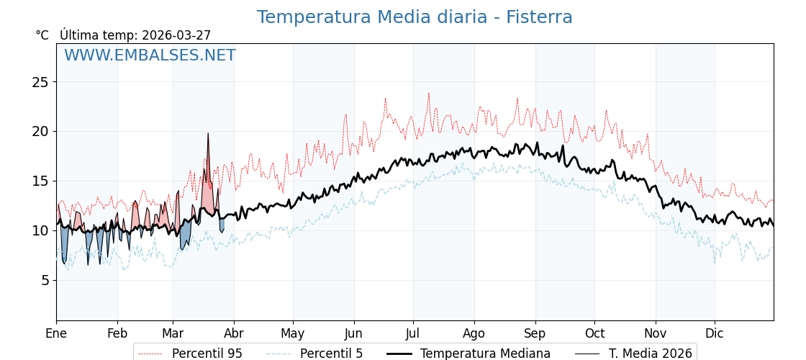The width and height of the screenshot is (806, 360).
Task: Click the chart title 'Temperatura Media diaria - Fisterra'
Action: (415, 17)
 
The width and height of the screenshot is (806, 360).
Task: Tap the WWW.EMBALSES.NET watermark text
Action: (150, 55)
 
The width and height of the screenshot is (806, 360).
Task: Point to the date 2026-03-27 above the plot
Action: (176, 35)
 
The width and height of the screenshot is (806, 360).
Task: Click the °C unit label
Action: (42, 35)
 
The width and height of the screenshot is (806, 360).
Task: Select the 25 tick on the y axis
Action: (40, 82)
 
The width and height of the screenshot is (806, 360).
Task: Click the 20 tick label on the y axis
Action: (40, 132)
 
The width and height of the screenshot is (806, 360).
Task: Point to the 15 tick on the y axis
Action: (40, 181)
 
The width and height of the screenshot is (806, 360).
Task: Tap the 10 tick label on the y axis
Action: (40, 230)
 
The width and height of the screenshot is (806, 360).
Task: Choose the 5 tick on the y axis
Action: (44, 280)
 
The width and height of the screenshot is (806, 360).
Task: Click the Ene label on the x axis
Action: (56, 333)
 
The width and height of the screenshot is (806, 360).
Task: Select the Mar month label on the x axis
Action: (173, 333)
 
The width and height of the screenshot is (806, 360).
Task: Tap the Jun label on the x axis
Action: (353, 333)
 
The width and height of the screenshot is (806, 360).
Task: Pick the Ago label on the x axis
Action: (474, 333)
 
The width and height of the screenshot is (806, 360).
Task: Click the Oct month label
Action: (594, 333)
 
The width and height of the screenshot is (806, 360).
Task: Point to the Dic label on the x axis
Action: (715, 333)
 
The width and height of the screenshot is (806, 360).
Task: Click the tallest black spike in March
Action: (208, 135)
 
